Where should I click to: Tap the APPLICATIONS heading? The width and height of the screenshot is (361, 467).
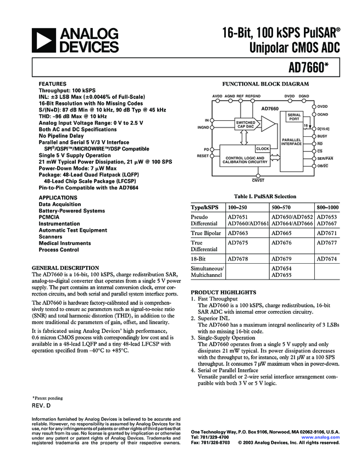pos(58,197)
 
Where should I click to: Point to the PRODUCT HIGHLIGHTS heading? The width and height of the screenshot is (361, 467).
pos(223,292)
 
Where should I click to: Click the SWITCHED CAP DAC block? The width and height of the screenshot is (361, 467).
pos(246,125)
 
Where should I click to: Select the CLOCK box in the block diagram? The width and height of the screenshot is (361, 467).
pos(262,149)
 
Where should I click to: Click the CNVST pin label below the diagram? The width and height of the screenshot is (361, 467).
pos(258,180)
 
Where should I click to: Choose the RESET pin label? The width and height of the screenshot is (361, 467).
pos(203,156)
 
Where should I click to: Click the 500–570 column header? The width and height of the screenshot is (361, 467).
pos(282,208)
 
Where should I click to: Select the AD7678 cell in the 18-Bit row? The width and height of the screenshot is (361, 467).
pos(238,258)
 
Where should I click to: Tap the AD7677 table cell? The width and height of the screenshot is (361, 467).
pos(327,242)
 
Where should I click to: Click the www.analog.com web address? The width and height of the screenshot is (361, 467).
pos(323,437)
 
